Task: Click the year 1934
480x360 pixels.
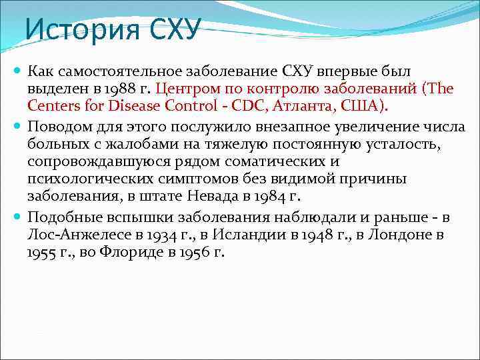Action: coord(157,235)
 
